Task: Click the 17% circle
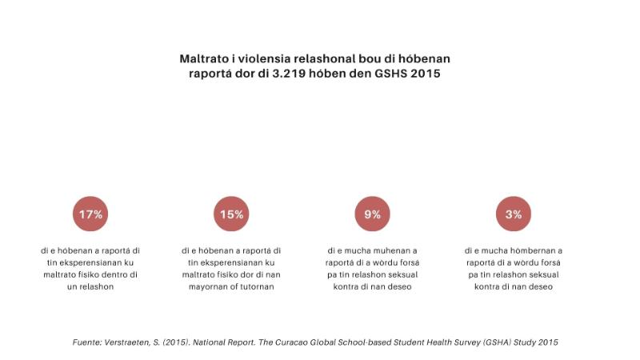(90, 214)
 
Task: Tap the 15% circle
(231, 214)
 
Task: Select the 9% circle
(372, 214)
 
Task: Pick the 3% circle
(513, 214)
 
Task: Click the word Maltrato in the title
(205, 59)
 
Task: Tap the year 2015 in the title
(424, 74)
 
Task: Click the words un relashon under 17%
(90, 286)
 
